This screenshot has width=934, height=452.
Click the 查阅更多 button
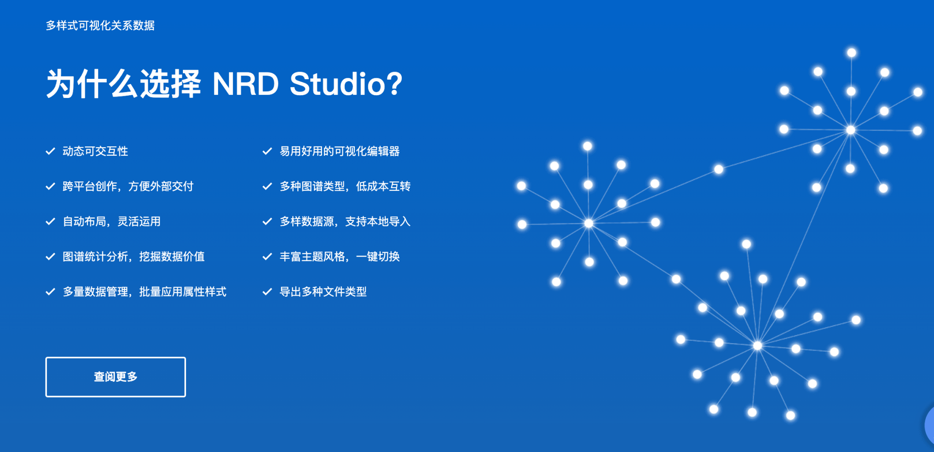tap(115, 377)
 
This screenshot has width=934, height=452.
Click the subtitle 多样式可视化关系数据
tap(100, 26)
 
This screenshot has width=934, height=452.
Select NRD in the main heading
tap(245, 84)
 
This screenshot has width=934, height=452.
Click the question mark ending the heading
tap(394, 84)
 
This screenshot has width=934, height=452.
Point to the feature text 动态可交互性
tap(95, 151)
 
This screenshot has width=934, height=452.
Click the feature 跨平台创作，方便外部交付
tap(128, 186)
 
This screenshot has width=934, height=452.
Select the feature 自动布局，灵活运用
tap(112, 221)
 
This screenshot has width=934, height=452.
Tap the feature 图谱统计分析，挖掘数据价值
tap(134, 257)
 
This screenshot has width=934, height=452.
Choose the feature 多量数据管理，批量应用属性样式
tap(145, 292)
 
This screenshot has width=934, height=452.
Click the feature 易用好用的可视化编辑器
tap(340, 151)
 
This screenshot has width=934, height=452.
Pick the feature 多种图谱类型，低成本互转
tap(345, 186)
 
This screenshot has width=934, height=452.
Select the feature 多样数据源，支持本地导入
tap(345, 221)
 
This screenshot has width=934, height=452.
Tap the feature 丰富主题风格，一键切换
tap(340, 257)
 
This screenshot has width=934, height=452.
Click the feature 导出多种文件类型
tap(323, 292)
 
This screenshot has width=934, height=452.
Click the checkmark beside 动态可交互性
tap(50, 151)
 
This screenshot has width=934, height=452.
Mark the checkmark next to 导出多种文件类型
tap(267, 292)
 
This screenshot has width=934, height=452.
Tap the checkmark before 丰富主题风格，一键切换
tap(267, 257)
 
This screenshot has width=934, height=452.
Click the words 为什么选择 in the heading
tap(124, 84)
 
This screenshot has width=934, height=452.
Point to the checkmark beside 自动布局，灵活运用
tap(50, 221)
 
